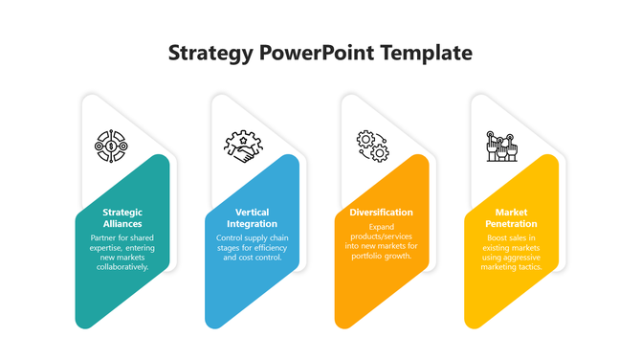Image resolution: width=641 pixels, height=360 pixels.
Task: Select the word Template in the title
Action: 426,54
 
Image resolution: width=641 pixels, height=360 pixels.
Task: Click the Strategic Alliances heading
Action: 122,217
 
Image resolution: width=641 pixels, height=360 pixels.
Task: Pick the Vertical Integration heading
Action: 253,217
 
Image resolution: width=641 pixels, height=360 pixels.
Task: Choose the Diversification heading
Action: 382,212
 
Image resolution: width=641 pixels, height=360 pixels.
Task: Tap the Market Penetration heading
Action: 511,217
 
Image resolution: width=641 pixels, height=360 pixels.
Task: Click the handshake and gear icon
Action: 243,146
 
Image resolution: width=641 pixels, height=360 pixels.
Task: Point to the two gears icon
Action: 372,146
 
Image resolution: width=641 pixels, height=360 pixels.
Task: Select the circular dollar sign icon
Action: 112,146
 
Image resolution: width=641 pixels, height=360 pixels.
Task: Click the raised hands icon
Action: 501,146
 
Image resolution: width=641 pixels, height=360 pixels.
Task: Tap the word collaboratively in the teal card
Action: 122,267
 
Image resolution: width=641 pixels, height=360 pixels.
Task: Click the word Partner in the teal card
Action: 103,236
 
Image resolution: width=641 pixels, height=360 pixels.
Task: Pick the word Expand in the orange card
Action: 382,227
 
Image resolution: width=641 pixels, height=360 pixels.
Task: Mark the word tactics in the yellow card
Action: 529,267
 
